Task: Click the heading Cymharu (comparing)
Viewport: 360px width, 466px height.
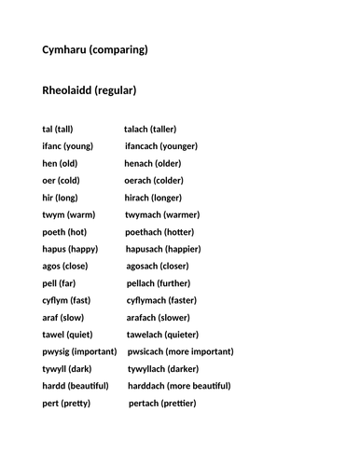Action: pos(94,49)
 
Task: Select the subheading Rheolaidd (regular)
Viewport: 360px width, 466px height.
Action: pos(90,90)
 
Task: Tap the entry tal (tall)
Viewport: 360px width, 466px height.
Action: pos(58,129)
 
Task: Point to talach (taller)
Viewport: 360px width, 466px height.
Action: pos(150,129)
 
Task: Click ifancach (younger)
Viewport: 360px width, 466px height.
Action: pos(161,146)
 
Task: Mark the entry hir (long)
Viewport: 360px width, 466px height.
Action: pos(60,198)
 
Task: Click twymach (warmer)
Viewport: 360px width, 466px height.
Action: pos(161,214)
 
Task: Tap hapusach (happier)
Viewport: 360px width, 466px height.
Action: pos(163,249)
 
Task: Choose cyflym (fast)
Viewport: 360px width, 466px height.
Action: pos(66,300)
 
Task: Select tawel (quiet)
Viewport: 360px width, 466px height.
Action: pos(67,335)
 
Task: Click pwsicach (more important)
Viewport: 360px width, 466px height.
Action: pos(180,351)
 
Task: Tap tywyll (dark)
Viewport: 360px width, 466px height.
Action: pos(66,369)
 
